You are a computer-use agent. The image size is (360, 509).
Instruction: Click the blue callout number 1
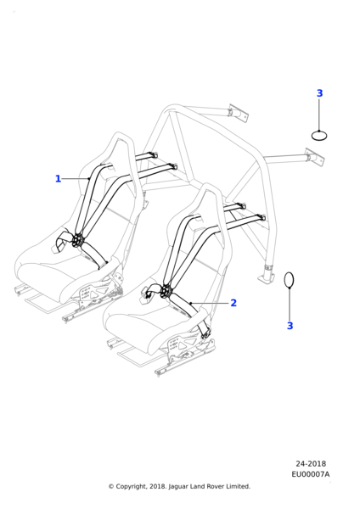(58, 178)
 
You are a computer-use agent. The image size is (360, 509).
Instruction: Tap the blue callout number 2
(233, 303)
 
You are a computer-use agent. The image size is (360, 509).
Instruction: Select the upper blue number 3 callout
(320, 93)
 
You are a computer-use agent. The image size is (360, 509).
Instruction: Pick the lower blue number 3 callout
(290, 326)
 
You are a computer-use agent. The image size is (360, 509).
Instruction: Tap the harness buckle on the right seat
(166, 290)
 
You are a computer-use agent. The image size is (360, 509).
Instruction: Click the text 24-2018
(311, 463)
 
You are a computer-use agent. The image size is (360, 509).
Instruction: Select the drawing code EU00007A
(310, 474)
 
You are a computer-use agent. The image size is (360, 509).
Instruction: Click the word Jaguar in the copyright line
(177, 487)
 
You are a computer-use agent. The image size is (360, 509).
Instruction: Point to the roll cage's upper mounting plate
(239, 114)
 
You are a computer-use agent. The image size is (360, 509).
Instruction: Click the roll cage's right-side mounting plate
(314, 158)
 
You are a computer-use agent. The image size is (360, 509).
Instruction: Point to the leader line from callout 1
(76, 178)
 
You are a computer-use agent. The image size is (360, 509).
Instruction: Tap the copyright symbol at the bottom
(111, 487)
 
